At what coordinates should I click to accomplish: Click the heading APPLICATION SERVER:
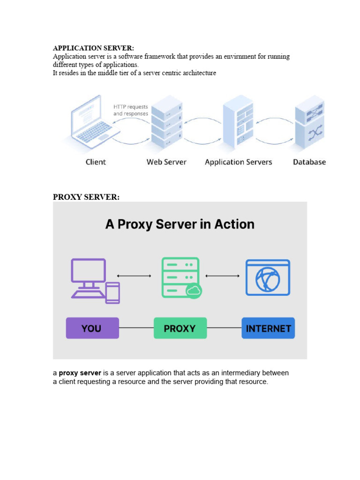pyautogui.click(x=93, y=48)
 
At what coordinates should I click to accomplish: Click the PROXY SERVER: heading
pyautogui.click(x=86, y=197)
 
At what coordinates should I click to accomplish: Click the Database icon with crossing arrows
pyautogui.click(x=309, y=123)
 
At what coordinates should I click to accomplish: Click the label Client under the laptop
pyautogui.click(x=96, y=162)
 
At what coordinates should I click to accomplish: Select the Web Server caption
pyautogui.click(x=166, y=162)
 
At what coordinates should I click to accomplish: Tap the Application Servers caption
pyautogui.click(x=238, y=162)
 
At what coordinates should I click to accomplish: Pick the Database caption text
pyautogui.click(x=309, y=162)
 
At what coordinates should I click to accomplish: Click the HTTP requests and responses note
pyautogui.click(x=131, y=110)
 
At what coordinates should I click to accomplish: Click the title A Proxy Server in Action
pyautogui.click(x=180, y=224)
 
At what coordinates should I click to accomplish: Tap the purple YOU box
pyautogui.click(x=92, y=328)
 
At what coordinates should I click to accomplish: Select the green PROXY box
pyautogui.click(x=180, y=328)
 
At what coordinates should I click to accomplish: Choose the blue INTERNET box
pyautogui.click(x=268, y=328)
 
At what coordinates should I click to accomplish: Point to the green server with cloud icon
pyautogui.click(x=181, y=277)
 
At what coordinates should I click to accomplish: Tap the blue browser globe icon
pyautogui.click(x=268, y=277)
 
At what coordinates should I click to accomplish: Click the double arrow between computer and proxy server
pyautogui.click(x=134, y=276)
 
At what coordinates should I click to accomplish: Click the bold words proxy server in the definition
pyautogui.click(x=80, y=373)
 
